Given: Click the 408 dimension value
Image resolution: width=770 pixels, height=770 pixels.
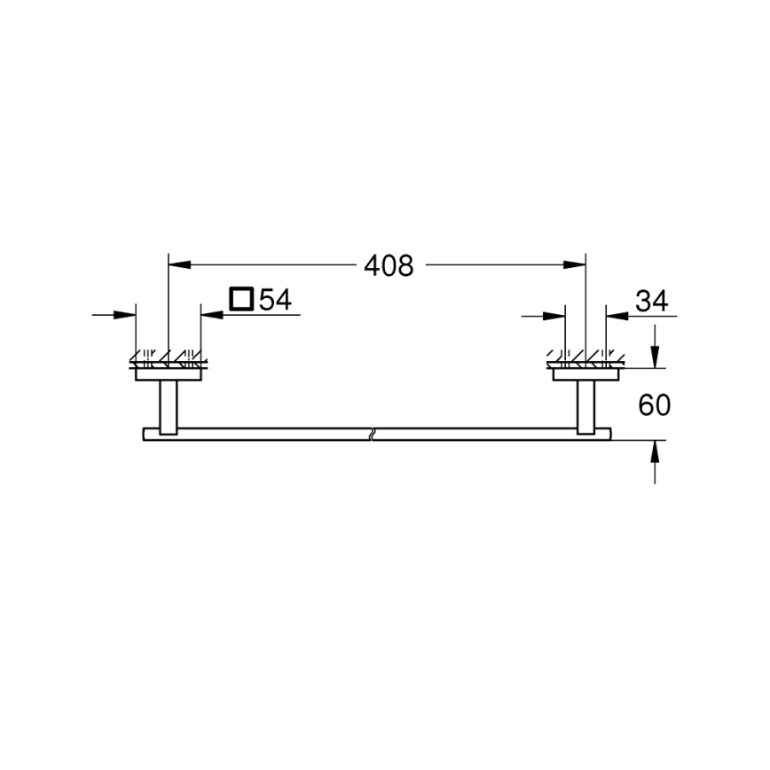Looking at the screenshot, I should pyautogui.click(x=389, y=265).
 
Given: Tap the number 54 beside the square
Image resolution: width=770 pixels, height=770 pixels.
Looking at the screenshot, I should pyautogui.click(x=275, y=300).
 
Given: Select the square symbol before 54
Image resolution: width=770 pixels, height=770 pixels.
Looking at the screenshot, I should pyautogui.click(x=240, y=299).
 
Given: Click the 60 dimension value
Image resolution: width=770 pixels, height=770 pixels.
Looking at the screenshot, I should pyautogui.click(x=654, y=405).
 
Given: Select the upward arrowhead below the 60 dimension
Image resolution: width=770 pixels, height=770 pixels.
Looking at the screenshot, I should pyautogui.click(x=655, y=449).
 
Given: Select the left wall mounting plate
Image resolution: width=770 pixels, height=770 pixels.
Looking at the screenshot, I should pyautogui.click(x=168, y=374).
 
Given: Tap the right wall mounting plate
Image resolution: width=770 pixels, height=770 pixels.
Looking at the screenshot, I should pyautogui.click(x=586, y=374).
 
